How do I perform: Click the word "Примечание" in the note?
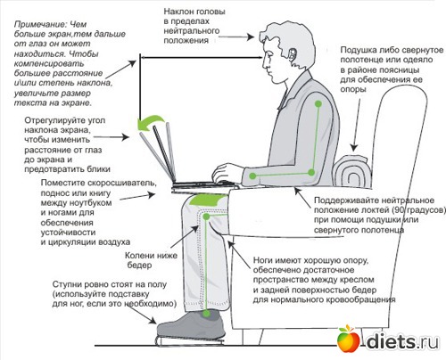[x=34, y=10]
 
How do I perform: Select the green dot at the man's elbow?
[x=253, y=176]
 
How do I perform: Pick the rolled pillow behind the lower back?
[x=352, y=169]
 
